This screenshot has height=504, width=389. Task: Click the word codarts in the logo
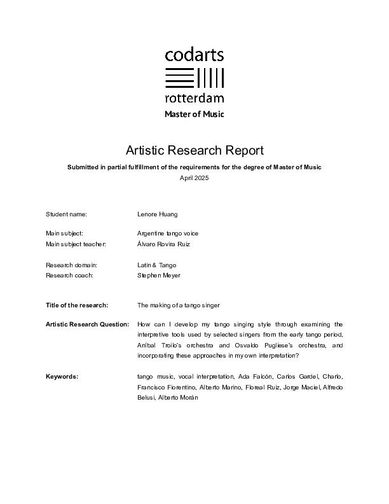(194, 55)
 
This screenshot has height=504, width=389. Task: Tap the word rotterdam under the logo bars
(194, 98)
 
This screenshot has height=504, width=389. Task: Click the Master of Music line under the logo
(194, 115)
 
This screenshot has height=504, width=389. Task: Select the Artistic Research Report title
(194, 150)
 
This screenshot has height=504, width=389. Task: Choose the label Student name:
(66, 214)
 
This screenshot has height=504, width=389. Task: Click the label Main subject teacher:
(76, 244)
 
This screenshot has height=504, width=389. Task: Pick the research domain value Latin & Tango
(157, 265)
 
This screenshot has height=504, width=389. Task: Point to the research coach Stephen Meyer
(159, 276)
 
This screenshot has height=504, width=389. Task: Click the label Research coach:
(70, 276)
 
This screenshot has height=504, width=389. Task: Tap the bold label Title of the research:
(77, 305)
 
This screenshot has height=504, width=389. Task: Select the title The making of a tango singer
(179, 305)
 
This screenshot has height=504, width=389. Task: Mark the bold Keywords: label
(62, 377)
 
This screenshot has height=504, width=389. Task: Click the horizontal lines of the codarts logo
(179, 78)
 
